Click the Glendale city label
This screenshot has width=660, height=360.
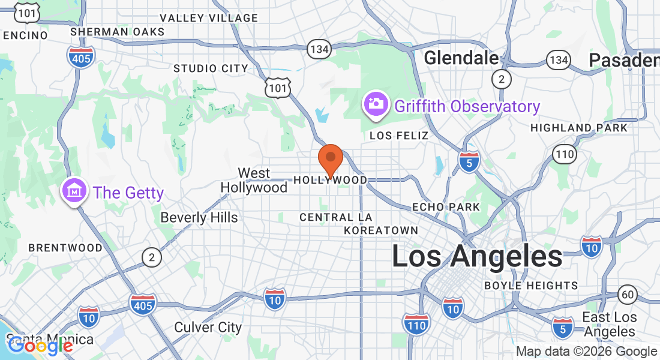[461, 58]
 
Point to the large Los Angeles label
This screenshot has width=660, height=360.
[477, 257]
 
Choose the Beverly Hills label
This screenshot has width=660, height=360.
[199, 217]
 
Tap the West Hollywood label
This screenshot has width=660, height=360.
[254, 181]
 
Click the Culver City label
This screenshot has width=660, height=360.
[208, 328]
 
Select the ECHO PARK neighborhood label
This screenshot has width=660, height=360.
[446, 207]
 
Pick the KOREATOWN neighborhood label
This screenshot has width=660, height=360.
[381, 230]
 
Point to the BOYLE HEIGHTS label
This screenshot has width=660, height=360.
[531, 286]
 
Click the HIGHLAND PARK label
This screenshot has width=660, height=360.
[579, 128]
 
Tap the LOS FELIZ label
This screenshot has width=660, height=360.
[399, 136]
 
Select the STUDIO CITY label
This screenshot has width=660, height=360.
[211, 68]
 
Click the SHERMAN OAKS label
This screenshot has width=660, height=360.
[117, 31]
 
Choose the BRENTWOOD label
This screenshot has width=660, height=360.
[65, 248]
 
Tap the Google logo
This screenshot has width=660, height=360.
[40, 346]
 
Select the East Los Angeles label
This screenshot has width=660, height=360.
[610, 325]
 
